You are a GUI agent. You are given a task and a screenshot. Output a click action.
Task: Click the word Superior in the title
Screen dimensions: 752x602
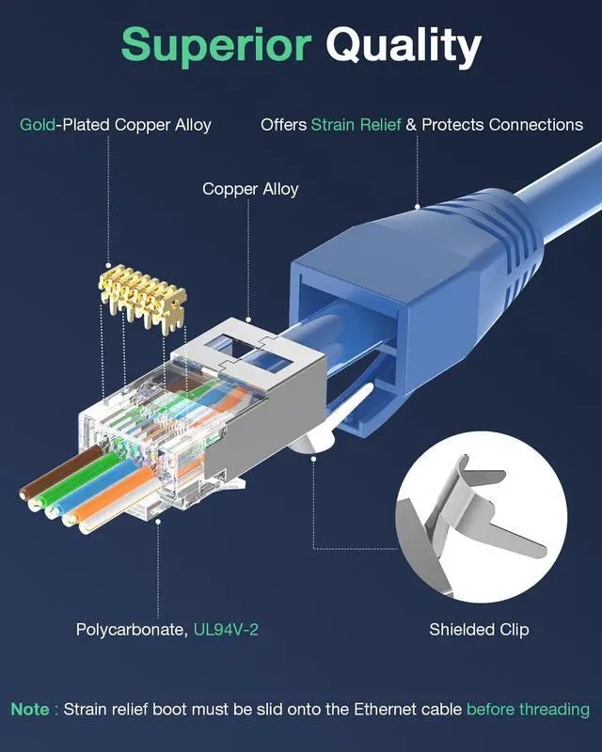tap(216, 45)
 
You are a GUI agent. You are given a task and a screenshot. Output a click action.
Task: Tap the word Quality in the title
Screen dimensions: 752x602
tap(404, 45)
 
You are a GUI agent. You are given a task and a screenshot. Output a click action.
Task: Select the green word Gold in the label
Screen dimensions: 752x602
tap(38, 124)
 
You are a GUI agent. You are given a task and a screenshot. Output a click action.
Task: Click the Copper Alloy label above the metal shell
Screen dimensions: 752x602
tap(250, 189)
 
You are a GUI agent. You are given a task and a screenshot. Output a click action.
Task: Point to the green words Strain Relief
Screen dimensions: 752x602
tap(356, 124)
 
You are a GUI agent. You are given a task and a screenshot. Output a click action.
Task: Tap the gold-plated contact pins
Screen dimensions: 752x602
tap(141, 292)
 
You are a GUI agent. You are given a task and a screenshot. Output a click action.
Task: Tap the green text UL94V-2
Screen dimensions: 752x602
tap(226, 629)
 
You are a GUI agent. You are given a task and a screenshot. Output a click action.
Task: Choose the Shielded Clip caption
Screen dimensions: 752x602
tap(479, 629)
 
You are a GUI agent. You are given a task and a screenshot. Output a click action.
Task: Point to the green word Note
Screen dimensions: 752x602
tap(30, 709)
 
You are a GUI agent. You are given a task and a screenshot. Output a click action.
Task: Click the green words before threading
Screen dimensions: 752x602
tap(528, 709)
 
